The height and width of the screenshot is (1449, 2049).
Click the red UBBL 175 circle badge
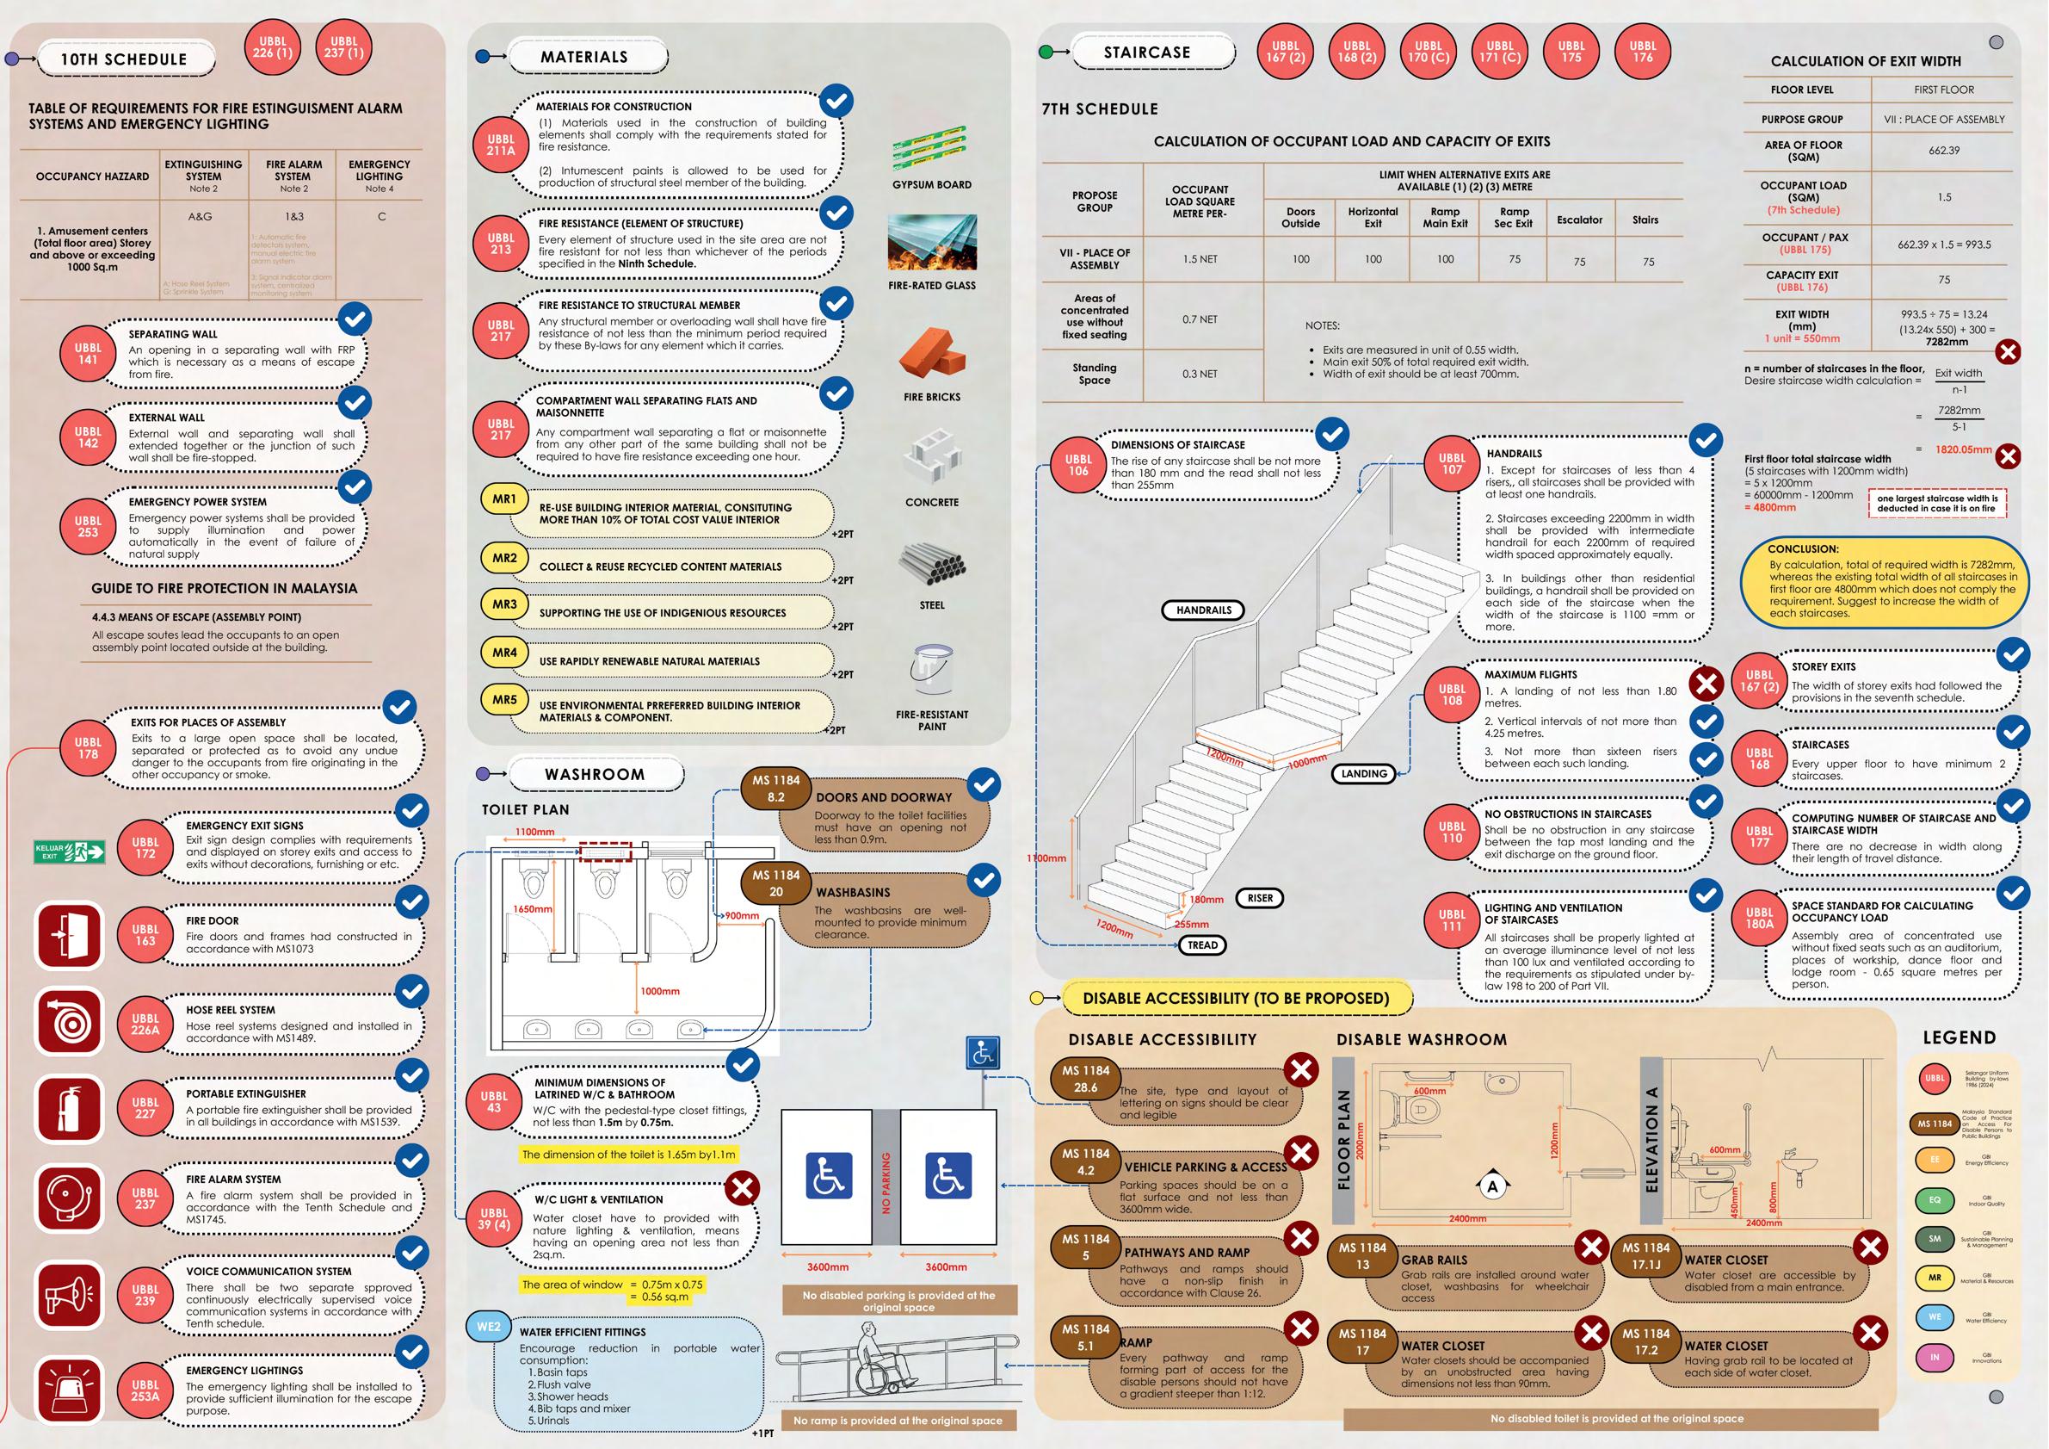[x=1571, y=52]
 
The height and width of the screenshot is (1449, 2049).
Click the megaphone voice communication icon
[x=70, y=1294]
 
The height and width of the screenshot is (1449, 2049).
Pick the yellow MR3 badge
[x=504, y=604]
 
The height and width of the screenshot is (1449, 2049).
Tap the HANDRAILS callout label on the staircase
[x=1203, y=610]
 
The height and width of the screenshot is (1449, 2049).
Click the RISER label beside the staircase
[x=1260, y=898]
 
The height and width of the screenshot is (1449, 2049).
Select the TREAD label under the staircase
[x=1202, y=944]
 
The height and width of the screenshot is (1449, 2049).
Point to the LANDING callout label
[x=1364, y=774]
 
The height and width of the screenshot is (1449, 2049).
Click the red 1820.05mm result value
[x=1962, y=450]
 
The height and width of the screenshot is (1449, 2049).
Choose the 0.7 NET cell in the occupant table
[x=1200, y=319]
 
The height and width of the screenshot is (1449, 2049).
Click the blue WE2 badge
[x=488, y=1327]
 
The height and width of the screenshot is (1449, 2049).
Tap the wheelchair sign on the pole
[x=983, y=1054]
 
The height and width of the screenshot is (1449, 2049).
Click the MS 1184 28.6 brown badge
[x=1085, y=1080]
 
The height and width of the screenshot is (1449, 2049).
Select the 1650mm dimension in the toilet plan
[x=532, y=909]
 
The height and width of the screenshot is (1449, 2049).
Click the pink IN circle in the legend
[x=1935, y=1357]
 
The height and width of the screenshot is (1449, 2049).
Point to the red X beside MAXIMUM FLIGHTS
[x=1706, y=684]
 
